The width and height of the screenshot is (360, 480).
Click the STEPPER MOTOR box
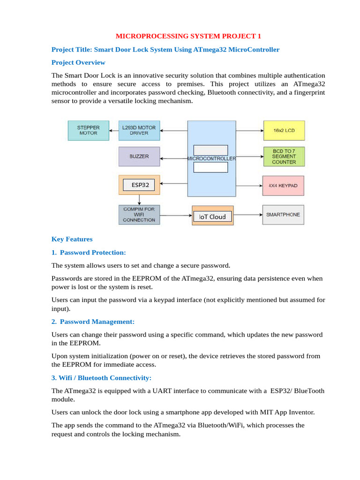pyautogui.click(x=88, y=130)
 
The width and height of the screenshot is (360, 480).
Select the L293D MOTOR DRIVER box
pyautogui.click(x=139, y=130)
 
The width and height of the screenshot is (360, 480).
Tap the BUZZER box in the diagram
pyautogui.click(x=139, y=157)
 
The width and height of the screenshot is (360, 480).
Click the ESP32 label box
pyautogui.click(x=140, y=185)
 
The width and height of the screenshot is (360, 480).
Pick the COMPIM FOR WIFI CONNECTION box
pyautogui.click(x=139, y=214)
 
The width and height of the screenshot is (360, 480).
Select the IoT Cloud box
pyautogui.click(x=212, y=217)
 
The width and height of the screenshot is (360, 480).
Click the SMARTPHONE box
pyautogui.click(x=283, y=215)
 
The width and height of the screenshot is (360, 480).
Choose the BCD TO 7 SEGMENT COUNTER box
pyautogui.click(x=284, y=156)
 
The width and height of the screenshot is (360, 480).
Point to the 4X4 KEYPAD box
pyautogui.click(x=283, y=186)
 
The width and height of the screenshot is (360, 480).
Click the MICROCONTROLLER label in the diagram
pyautogui.click(x=211, y=158)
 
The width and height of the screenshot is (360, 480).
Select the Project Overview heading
pyautogui.click(x=78, y=62)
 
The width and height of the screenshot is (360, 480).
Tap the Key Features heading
pyautogui.click(x=72, y=239)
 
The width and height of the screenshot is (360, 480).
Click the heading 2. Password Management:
pyautogui.click(x=93, y=322)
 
